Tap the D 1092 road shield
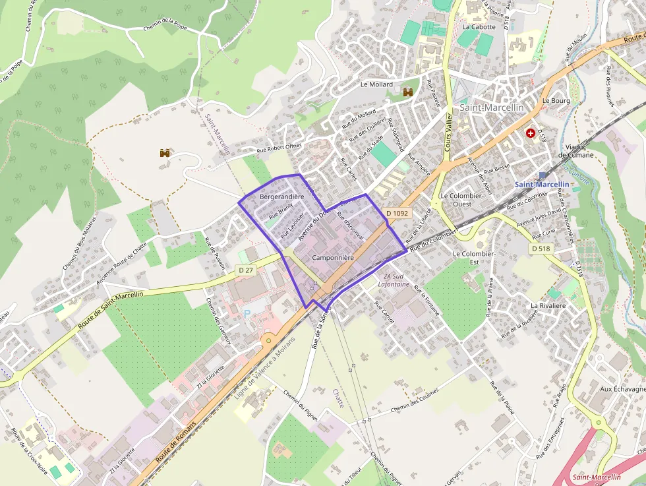[398, 213]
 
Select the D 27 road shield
[246, 270]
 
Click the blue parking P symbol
[248, 314]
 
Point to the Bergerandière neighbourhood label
[282, 197]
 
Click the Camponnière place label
[333, 257]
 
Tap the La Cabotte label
[479, 27]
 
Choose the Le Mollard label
[376, 84]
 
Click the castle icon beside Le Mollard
[408, 93]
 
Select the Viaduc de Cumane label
[576, 150]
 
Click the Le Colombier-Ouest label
[463, 200]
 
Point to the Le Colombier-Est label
[474, 257]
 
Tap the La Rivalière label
[548, 306]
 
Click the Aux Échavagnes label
[622, 389]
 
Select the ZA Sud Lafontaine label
[394, 280]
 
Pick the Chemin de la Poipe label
[165, 26]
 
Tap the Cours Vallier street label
[448, 132]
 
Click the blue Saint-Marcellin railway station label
[541, 185]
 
